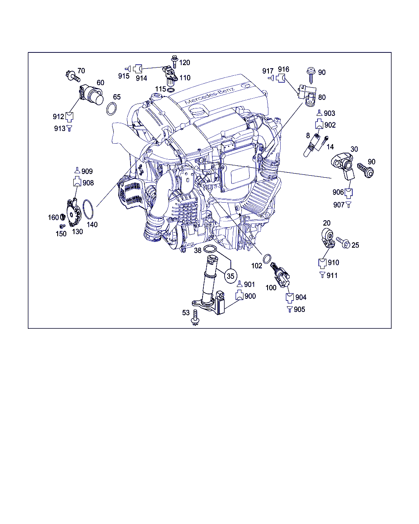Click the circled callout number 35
(x=230, y=276)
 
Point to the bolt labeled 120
(x=174, y=62)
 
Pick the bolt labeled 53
(x=195, y=317)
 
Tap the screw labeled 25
(x=343, y=242)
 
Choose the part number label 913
(x=60, y=128)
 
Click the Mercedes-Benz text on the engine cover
(x=209, y=95)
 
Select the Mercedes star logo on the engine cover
(x=245, y=86)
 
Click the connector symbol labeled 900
(x=239, y=295)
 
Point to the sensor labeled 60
(x=91, y=95)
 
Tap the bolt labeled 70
(x=72, y=76)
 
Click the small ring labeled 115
(x=171, y=90)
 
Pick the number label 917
(x=268, y=71)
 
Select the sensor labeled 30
(x=342, y=166)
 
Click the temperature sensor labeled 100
(x=280, y=275)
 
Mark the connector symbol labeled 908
(x=77, y=182)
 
